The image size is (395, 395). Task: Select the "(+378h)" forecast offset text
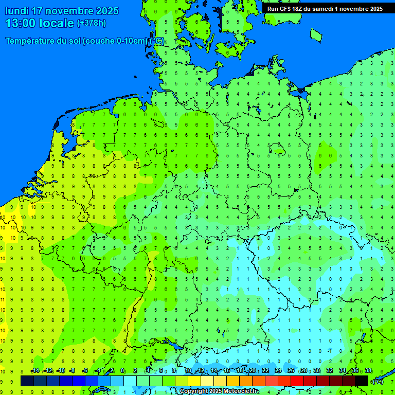point(91,23)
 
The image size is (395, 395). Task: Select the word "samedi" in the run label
point(324,9)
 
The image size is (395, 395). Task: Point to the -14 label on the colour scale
point(35,371)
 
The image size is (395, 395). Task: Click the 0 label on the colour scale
point(122,371)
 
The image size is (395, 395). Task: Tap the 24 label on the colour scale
point(278,371)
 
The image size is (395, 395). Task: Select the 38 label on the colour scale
point(368,371)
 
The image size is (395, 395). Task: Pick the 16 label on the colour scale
point(227,371)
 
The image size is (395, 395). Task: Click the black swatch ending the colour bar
point(362,381)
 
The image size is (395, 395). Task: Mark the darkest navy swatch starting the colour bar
point(27,381)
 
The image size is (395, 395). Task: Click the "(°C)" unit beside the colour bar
point(378,381)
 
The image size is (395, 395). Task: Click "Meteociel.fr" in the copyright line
point(241,391)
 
